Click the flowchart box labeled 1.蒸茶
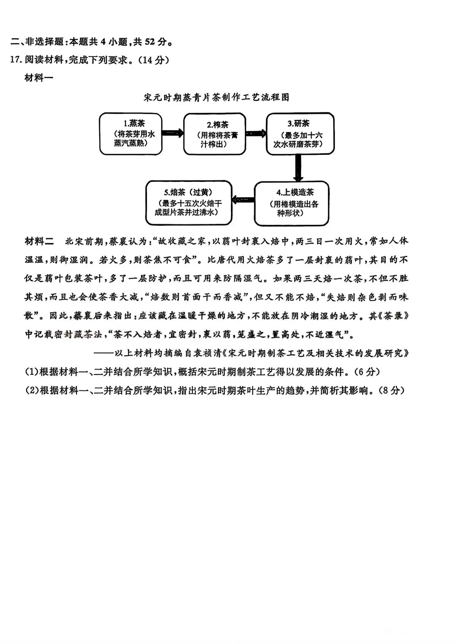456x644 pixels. point(131,134)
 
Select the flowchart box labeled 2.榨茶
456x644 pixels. point(214,134)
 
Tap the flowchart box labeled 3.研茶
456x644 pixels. point(300,133)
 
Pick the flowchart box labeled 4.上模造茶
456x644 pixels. point(291,203)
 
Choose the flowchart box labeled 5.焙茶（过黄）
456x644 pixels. point(189,203)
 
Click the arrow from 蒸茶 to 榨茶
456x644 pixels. point(173,133)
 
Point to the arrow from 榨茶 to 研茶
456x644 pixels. point(256,133)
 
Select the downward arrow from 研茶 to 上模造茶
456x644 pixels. point(299,168)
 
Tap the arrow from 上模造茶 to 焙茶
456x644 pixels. point(243,200)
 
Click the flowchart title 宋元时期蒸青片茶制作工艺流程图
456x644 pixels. point(217,97)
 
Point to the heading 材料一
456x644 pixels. point(38,78)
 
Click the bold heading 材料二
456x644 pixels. point(39,241)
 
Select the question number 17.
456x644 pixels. point(15,60)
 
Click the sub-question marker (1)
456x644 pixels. point(32,372)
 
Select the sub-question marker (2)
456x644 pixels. point(32,390)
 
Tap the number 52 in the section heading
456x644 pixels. point(150,42)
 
